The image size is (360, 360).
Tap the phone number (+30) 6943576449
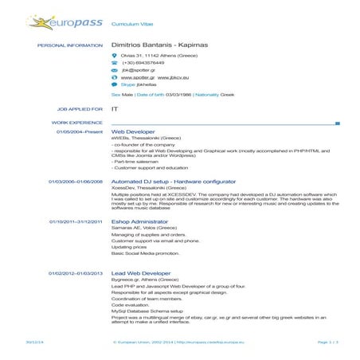coord(143,63)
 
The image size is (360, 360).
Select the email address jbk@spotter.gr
coord(137,72)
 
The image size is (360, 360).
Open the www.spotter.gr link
coord(137,79)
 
